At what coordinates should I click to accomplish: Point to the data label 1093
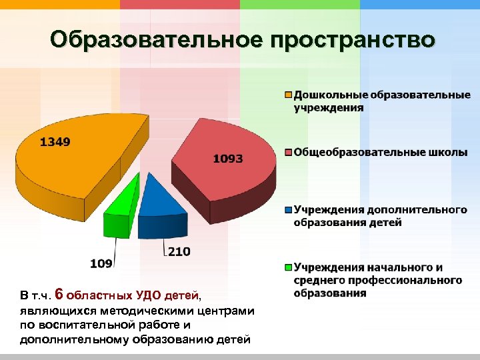tap(228, 159)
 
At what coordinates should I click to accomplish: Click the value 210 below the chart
tap(178, 251)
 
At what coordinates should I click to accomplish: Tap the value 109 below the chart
tap(101, 263)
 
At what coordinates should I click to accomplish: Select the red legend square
tap(289, 153)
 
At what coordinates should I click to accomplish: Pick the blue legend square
tap(289, 209)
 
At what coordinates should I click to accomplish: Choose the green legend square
tap(289, 267)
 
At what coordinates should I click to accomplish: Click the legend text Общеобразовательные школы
tap(380, 153)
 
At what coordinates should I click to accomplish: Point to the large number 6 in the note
tap(59, 294)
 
